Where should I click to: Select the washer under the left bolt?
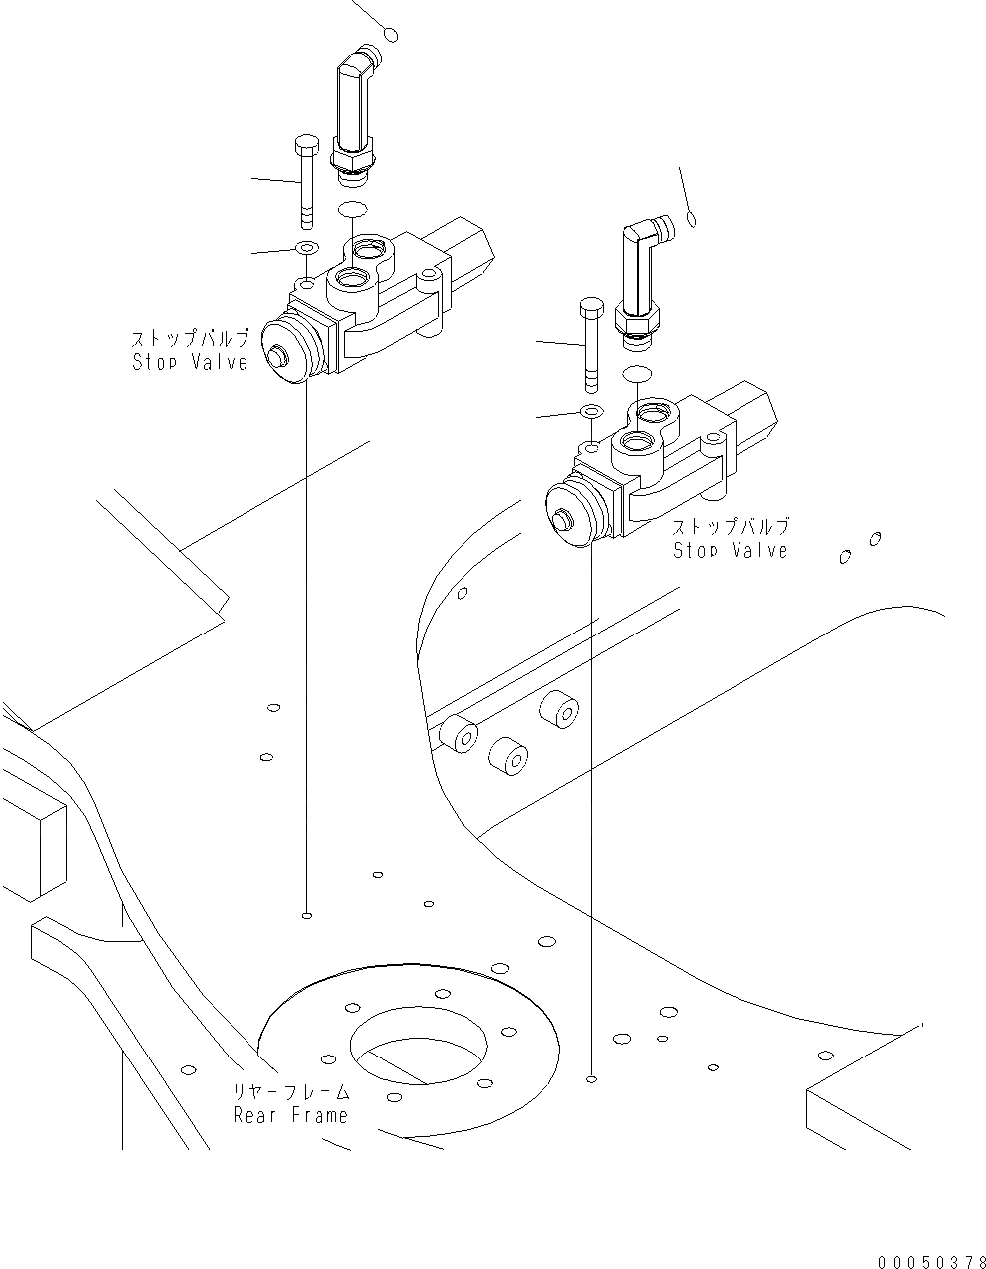click(307, 247)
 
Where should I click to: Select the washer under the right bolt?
click(591, 411)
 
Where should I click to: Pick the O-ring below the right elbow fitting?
click(636, 373)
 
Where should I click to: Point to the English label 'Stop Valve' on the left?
click(190, 362)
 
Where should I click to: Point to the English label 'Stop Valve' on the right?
click(730, 550)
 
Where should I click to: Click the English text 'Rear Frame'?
click(291, 1115)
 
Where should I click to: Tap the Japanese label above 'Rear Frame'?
click(291, 1092)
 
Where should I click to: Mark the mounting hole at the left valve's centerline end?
click(307, 914)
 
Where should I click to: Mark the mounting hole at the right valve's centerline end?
click(592, 1078)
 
